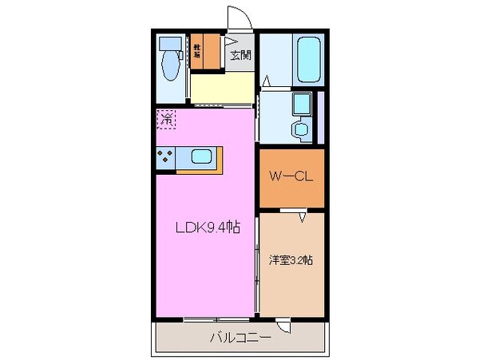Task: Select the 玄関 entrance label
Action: pos(240,55)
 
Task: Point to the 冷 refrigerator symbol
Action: pos(167,120)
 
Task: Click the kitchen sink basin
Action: pos(200,157)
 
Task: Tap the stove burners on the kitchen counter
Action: pos(165,157)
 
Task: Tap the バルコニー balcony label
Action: pos(240,338)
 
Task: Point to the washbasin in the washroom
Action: pos(301,129)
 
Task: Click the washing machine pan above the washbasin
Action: pos(301,105)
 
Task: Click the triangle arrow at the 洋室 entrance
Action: pos(304,216)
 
